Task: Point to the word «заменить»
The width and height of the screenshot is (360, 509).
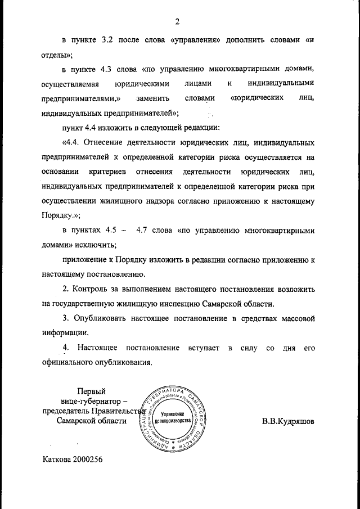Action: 152,98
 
